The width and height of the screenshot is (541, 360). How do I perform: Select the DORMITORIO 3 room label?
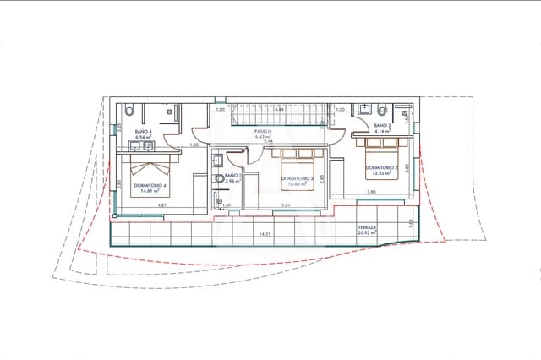click(x=298, y=178)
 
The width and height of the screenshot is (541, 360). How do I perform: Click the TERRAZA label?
click(x=367, y=228)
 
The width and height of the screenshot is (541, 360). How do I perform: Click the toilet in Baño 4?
click(x=129, y=111)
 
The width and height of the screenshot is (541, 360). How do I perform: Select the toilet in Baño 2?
click(x=383, y=111)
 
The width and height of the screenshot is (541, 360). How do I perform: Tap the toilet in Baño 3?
click(x=219, y=179)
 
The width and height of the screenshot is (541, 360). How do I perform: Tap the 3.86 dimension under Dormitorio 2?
click(x=370, y=193)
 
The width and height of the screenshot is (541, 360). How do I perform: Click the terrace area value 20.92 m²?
click(x=367, y=235)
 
